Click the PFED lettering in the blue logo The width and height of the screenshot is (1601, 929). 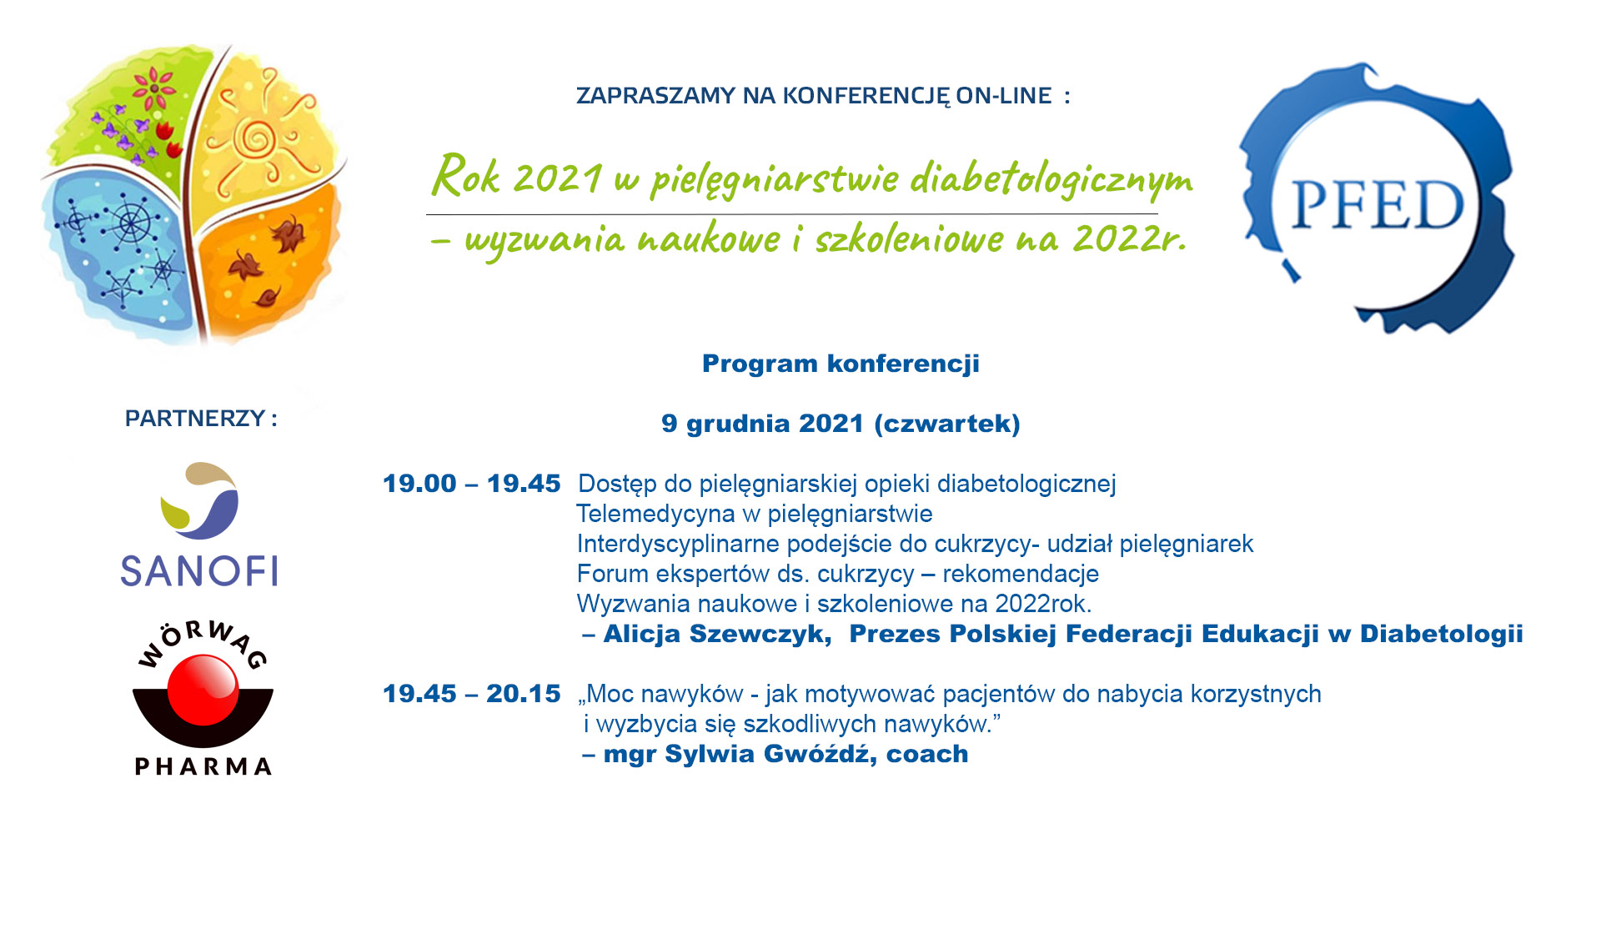[x=1378, y=205]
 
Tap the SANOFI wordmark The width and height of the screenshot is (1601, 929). [x=199, y=571]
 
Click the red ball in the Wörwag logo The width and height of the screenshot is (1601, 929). [x=203, y=689]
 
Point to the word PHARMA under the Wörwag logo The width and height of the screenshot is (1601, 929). [x=203, y=766]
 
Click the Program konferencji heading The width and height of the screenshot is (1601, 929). [x=841, y=364]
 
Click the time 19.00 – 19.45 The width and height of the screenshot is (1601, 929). [x=471, y=483]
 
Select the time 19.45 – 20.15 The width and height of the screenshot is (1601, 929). [x=471, y=693]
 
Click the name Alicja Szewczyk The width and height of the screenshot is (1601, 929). [x=717, y=634]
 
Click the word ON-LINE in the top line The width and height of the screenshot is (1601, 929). [x=1004, y=96]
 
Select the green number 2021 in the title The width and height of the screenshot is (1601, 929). [x=557, y=178]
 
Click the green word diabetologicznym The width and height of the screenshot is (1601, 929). [x=1051, y=179]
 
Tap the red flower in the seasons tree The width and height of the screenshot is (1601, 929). [x=154, y=87]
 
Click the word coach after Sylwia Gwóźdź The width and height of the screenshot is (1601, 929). [x=926, y=754]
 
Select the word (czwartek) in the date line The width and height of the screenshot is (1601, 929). [x=947, y=424]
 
